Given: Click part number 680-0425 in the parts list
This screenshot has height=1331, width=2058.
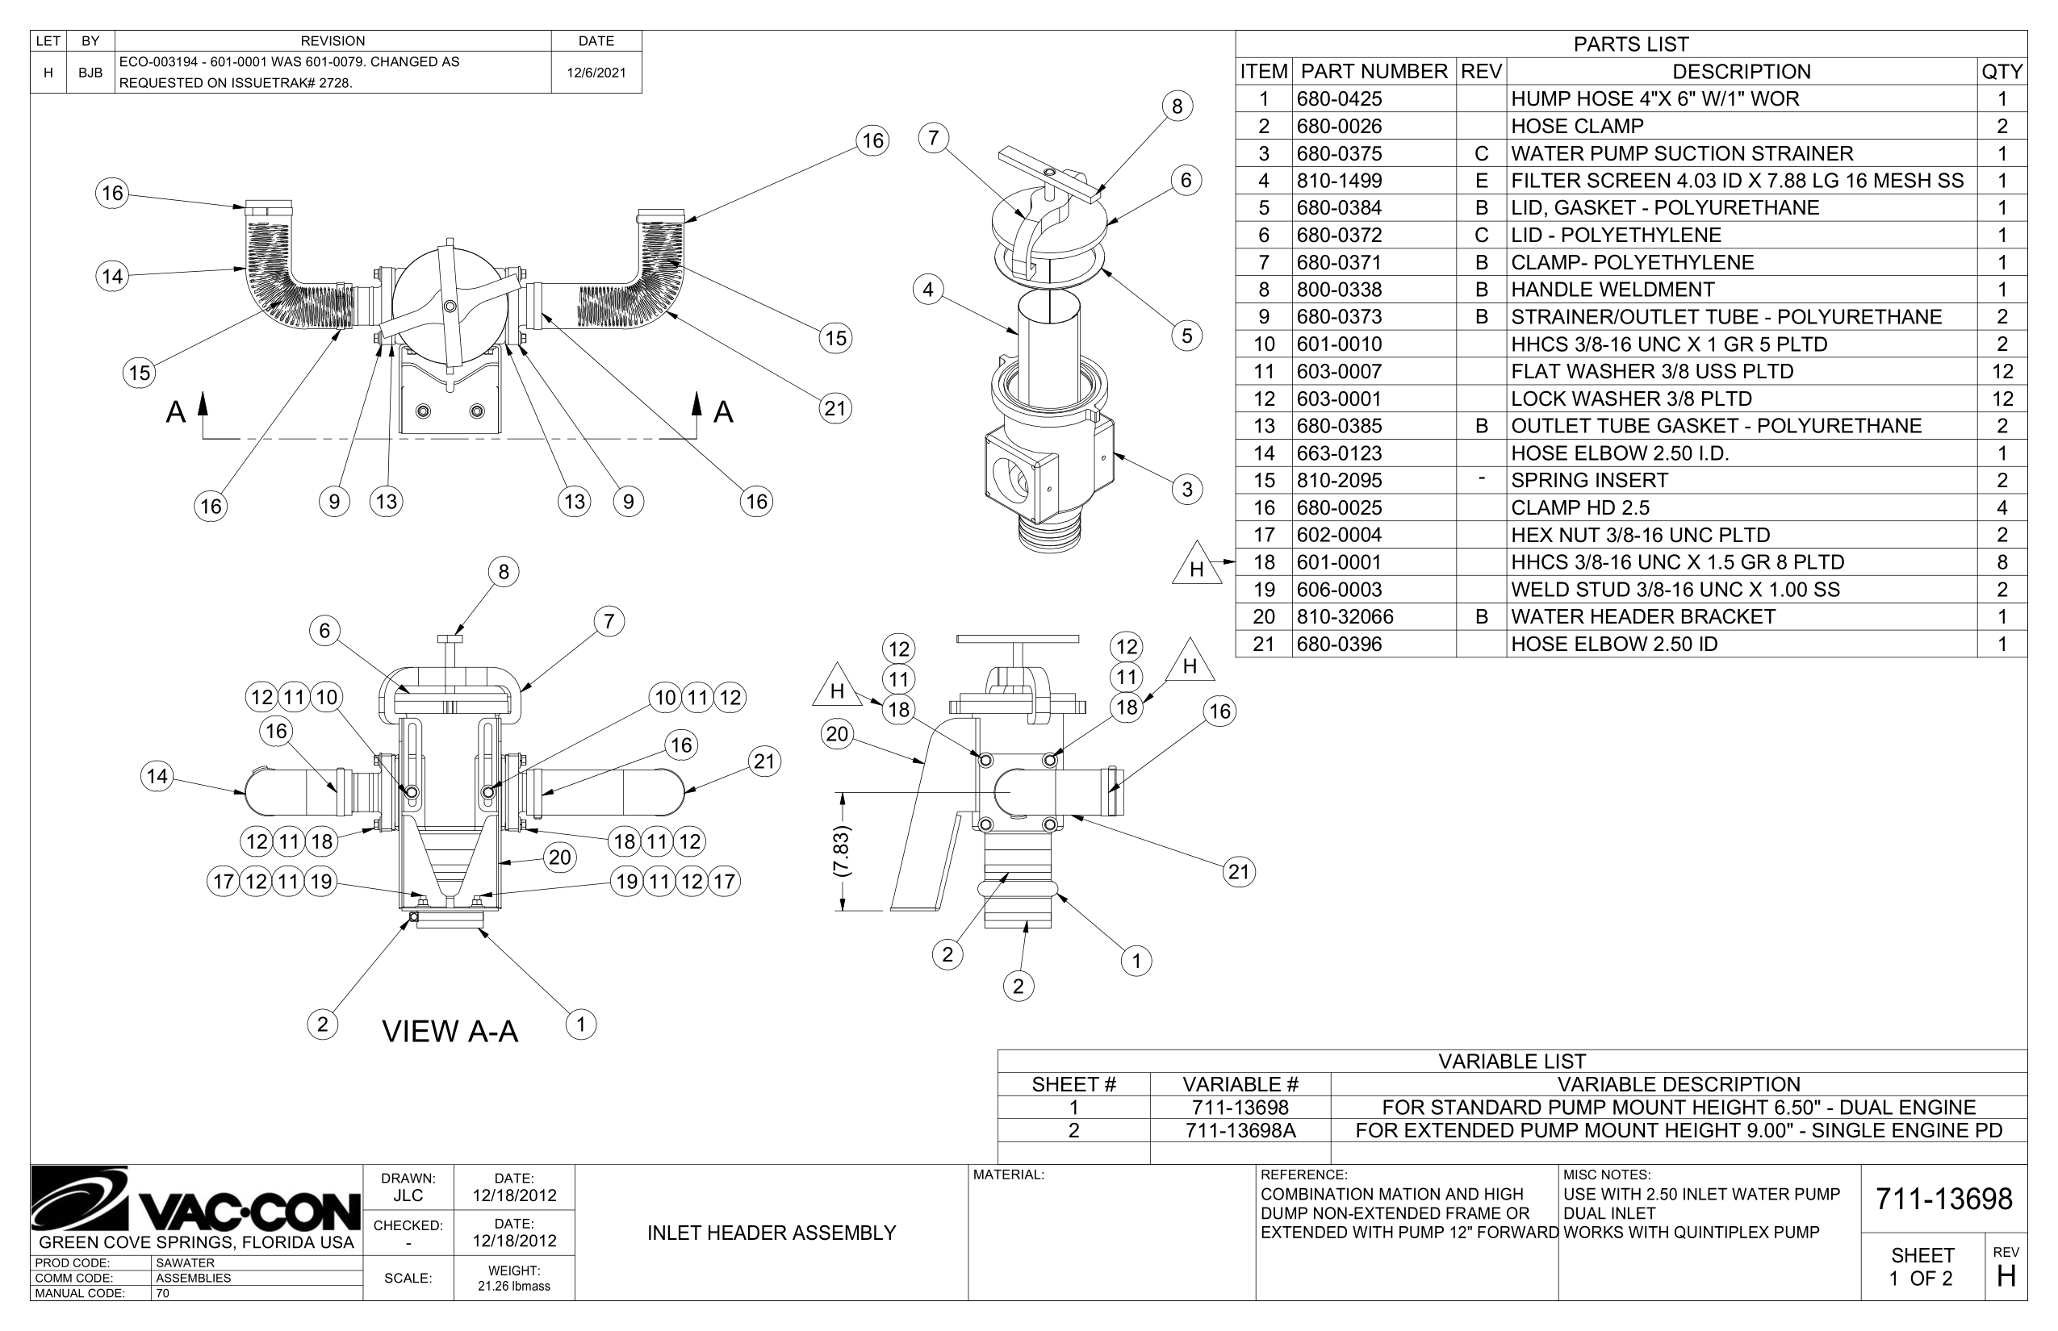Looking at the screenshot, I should pos(1339,98).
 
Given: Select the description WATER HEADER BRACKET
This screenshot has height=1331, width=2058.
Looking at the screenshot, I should pos(1642,617).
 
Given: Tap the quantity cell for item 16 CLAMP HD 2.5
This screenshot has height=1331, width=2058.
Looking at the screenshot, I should pos(2001,508).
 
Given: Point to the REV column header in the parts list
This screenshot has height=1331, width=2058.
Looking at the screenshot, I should pos(1480,72).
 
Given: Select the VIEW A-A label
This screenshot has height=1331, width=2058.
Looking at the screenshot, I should pos(450,1031).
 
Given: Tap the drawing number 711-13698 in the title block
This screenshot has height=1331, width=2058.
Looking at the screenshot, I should pos(1943,1199).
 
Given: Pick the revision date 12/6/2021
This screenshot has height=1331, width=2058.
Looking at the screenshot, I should pos(596,73).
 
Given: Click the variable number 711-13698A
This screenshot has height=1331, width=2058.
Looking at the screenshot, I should pos(1240,1130).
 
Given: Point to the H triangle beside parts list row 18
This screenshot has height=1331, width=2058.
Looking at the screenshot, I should pos(1197,567).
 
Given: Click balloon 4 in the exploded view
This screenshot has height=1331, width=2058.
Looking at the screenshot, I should pos(928,290).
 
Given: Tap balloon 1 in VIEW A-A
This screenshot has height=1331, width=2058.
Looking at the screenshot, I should pos(581,1025).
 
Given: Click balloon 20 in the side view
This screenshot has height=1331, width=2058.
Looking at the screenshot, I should pos(836,735).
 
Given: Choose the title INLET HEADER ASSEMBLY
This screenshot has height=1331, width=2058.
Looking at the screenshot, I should pos(772,1233).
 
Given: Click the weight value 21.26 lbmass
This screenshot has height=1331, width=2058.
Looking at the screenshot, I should pos(513,1286).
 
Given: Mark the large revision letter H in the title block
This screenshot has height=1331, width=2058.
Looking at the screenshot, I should pos(2006,1276).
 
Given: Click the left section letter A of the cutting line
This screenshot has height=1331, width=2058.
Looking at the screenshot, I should pos(176,412).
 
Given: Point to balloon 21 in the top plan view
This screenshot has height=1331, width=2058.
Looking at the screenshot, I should pos(834,408).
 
